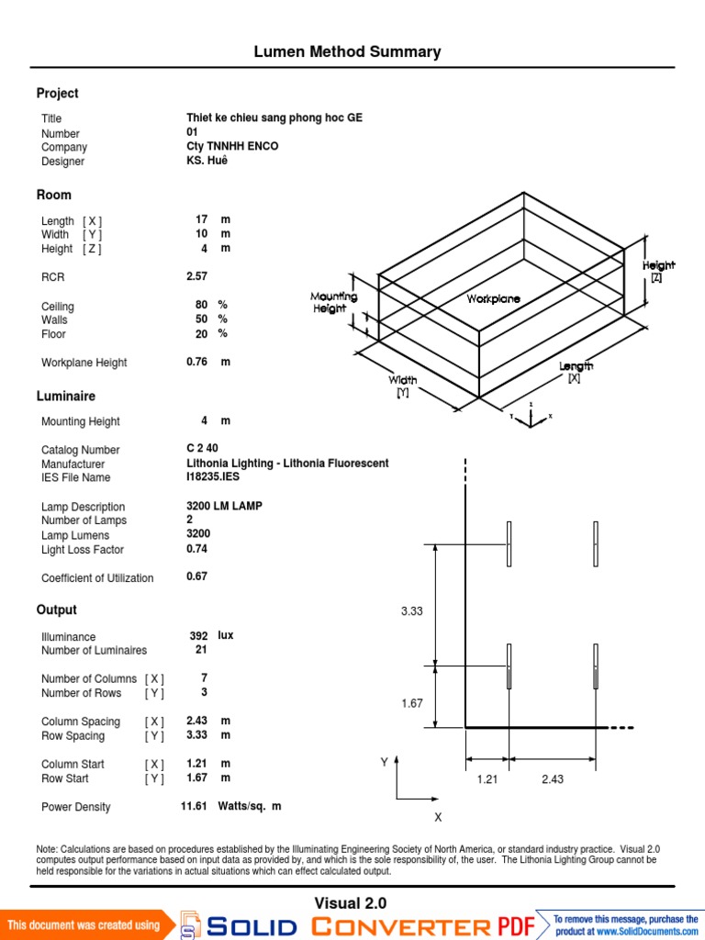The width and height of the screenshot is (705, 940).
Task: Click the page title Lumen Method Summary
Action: pos(347,52)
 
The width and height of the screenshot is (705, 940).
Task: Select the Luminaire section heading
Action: pos(65,397)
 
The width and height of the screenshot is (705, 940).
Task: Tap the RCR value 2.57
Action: pos(197,276)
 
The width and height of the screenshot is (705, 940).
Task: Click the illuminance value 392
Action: pos(198,635)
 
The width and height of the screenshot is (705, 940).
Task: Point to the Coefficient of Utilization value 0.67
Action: pos(197,577)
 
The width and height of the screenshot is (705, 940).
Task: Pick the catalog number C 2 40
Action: pos(202,449)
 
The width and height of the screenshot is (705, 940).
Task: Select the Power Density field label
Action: pos(75,807)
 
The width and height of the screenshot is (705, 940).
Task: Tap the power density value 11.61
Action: pos(196,806)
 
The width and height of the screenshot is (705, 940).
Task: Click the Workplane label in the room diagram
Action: pos(493,299)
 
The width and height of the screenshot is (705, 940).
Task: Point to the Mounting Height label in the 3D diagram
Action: pos(333,303)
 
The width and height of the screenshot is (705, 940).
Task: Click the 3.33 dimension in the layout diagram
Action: pos(411,611)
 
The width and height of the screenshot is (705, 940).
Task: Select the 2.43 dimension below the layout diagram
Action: pos(553,779)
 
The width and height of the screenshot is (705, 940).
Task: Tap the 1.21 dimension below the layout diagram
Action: pos(487,779)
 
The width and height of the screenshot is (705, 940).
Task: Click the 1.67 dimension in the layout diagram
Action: pos(411,703)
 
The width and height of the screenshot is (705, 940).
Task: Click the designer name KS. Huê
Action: pos(207,161)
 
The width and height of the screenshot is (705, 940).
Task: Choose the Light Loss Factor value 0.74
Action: pos(197,549)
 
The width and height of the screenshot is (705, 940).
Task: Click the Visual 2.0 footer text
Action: pos(351,903)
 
